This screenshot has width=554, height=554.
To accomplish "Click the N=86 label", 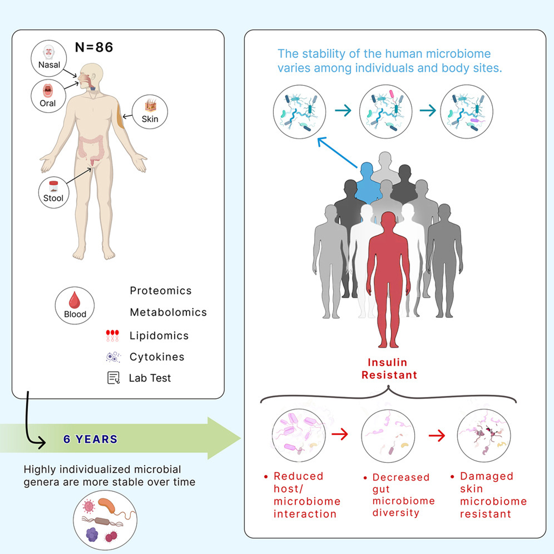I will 94,47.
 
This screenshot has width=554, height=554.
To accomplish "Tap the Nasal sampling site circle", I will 49,58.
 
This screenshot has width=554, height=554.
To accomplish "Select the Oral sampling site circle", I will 48,96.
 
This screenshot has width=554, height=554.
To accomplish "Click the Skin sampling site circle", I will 150,112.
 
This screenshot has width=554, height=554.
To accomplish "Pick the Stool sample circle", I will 54,192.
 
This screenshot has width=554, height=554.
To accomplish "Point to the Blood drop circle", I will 75,305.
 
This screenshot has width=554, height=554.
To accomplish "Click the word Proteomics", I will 161,291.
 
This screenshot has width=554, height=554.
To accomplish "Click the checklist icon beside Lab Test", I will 113,378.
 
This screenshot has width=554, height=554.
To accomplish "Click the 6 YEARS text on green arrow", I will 90,439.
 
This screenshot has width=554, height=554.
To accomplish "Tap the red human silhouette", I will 389,272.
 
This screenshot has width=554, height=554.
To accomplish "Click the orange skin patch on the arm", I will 120,116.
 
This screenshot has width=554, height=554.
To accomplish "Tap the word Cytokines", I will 157,357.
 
